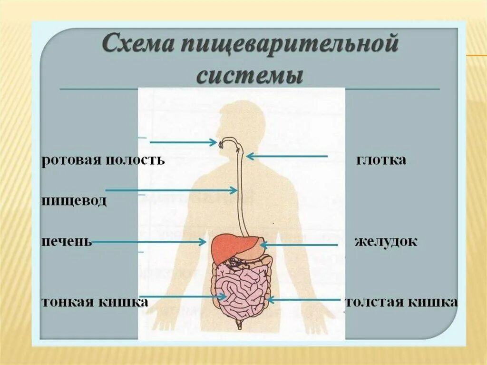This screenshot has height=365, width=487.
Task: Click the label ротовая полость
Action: click(103, 160)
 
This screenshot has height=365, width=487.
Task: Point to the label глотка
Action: click(381, 160)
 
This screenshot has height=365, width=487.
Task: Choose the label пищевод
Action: click(74, 200)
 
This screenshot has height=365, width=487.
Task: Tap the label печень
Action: click(66, 241)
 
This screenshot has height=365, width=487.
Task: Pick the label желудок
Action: click(386, 241)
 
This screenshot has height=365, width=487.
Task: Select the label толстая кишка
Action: click(402, 302)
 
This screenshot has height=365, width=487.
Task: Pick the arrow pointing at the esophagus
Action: click(171, 190)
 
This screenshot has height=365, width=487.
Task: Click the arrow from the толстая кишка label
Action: click(304, 300)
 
